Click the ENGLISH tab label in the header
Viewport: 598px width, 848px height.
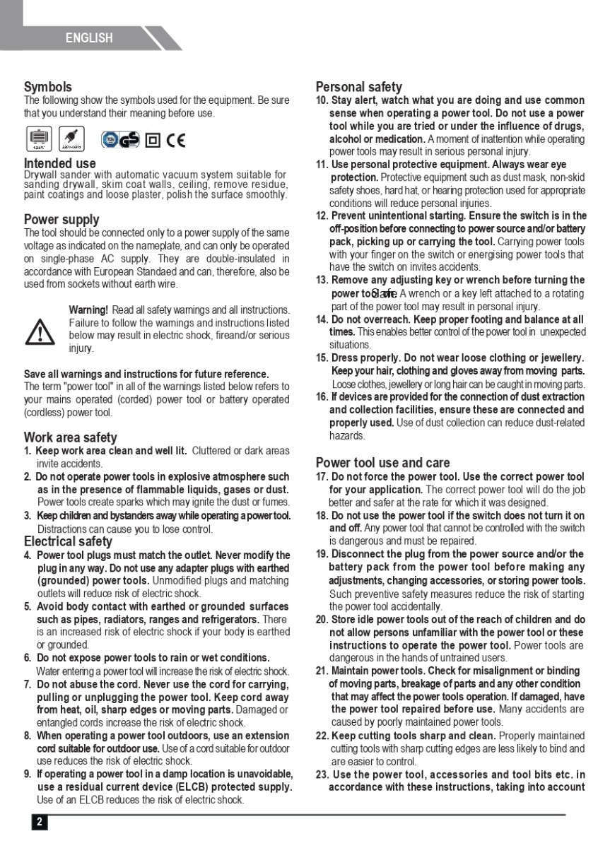point(89,38)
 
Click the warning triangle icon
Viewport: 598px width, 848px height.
point(40,331)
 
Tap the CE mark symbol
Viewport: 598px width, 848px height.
point(175,140)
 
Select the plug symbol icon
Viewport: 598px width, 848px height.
point(71,139)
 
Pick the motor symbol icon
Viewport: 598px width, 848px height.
point(39,139)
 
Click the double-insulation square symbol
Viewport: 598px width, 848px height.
point(152,140)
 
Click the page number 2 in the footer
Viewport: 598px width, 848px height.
point(40,822)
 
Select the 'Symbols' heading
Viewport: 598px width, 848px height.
point(48,87)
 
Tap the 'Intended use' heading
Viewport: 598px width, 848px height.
point(60,164)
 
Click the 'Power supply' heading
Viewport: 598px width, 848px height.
point(61,219)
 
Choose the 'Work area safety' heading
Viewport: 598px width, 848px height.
point(70,437)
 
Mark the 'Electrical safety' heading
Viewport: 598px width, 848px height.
point(68,541)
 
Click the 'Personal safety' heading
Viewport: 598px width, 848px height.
point(359,87)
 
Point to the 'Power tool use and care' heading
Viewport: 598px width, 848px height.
point(382,463)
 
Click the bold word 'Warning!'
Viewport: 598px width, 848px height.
point(88,310)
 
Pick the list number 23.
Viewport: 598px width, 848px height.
point(322,775)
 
